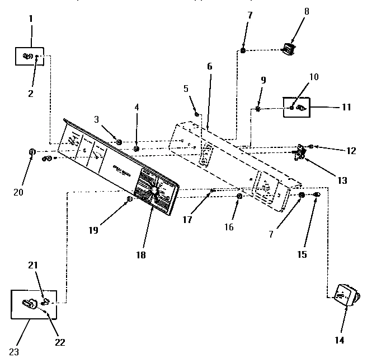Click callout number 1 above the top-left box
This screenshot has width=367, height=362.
click(x=31, y=18)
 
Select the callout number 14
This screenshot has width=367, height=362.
click(x=340, y=340)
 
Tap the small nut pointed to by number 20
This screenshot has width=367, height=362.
click(x=32, y=152)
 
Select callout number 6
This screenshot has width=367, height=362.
click(x=209, y=66)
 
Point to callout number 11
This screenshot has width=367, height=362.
click(x=346, y=106)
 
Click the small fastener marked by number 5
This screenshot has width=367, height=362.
click(x=197, y=114)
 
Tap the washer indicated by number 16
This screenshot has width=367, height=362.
click(x=239, y=197)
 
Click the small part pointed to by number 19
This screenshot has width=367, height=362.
click(x=130, y=199)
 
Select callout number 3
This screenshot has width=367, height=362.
click(x=97, y=119)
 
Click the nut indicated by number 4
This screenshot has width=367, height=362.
click(x=137, y=149)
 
